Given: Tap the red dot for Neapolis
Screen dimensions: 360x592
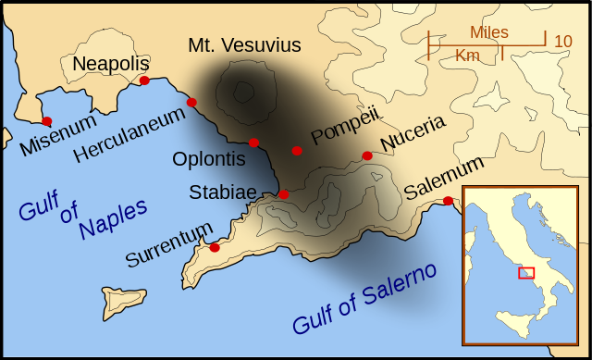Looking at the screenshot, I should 144,81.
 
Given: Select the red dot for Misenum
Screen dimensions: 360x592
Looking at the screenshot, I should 47,121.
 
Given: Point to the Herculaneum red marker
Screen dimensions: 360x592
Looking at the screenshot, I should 191,102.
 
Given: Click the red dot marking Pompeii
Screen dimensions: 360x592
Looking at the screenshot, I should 297,150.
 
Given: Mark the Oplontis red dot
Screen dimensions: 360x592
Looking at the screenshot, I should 253,143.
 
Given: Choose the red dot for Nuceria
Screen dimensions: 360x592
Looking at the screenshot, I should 367,155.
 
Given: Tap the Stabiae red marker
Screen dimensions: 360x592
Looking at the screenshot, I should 284,194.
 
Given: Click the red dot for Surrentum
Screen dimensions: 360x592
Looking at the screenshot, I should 215,247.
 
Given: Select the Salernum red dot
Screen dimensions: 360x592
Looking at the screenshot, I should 448,201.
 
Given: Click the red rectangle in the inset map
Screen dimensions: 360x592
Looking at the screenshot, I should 526,272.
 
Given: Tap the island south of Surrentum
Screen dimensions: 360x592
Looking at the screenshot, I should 119,301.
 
